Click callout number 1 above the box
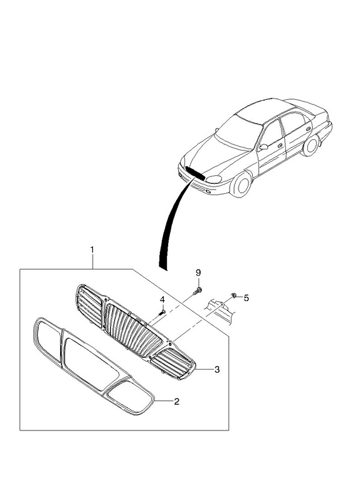[x=92, y=249]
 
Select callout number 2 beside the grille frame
[x=176, y=401]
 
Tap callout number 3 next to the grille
[x=217, y=370]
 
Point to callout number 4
[x=162, y=300]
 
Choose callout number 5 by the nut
[x=246, y=297]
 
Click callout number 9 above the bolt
[x=198, y=272]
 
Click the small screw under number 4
[x=162, y=312]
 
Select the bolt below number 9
[x=198, y=291]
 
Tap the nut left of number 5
[x=233, y=296]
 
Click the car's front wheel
[x=241, y=184]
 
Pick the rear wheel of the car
[x=310, y=146]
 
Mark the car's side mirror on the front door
[x=264, y=147]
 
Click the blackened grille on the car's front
[x=195, y=173]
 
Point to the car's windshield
[x=238, y=131]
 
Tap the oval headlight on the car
[x=214, y=179]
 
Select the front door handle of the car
[x=280, y=146]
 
